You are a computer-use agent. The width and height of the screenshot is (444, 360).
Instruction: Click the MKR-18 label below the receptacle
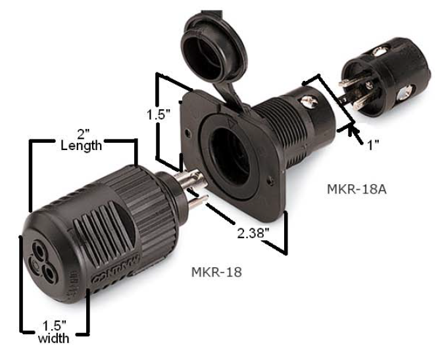coord(216,270)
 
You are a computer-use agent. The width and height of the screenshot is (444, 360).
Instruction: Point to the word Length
coord(81,146)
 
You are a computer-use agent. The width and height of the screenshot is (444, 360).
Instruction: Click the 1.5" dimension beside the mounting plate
coord(159,113)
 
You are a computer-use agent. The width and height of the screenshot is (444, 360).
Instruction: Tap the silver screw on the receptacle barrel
coord(307,102)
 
